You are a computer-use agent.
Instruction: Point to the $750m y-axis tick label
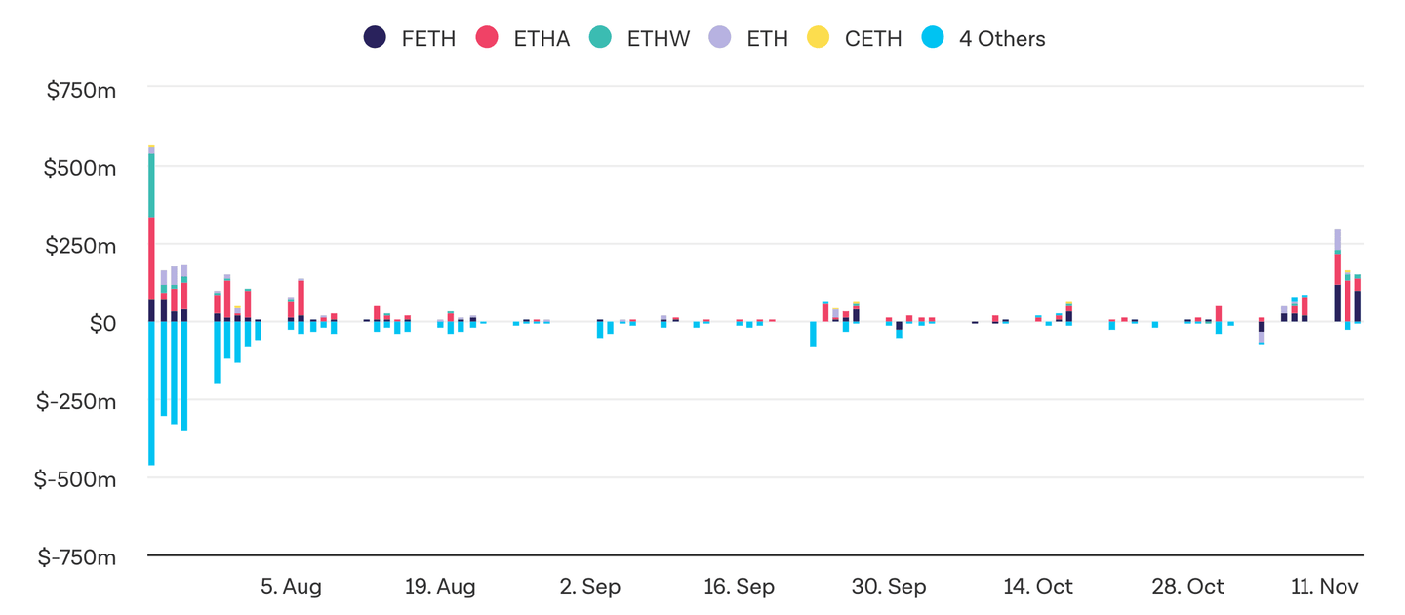(x=81, y=91)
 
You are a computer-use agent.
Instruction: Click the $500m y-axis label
(x=81, y=168)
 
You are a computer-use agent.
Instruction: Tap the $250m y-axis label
(x=81, y=246)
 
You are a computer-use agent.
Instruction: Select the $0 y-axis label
(x=101, y=323)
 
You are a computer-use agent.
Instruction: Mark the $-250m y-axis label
(x=77, y=401)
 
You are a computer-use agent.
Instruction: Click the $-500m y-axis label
(x=77, y=479)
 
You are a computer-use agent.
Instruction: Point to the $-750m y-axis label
(x=77, y=557)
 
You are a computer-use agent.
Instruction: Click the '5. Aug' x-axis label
(x=291, y=587)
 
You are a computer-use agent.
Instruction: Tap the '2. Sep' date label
(x=590, y=587)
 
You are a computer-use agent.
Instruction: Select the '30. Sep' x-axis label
(x=889, y=587)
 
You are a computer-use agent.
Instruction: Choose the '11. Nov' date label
(x=1325, y=587)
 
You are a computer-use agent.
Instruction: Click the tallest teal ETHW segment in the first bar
(x=151, y=185)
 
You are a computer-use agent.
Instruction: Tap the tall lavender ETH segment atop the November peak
(x=1337, y=239)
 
